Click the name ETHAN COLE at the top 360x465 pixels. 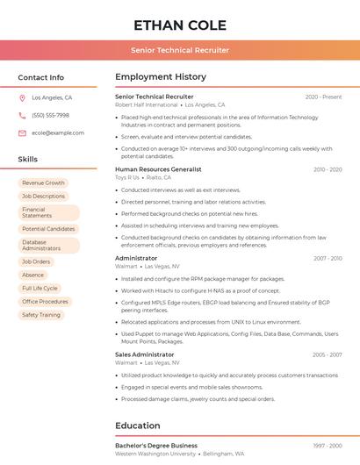[180, 25]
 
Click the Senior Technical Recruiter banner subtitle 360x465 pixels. [180, 50]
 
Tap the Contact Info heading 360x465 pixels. [40, 77]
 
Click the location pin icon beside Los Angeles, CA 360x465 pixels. [22, 98]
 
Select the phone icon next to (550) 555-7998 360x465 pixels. [22, 115]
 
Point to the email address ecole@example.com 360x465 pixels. [58, 132]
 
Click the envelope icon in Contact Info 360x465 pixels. [22, 132]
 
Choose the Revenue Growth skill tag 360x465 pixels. [43, 182]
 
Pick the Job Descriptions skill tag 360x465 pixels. [43, 196]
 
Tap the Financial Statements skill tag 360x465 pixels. [48, 212]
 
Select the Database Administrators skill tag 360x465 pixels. [48, 245]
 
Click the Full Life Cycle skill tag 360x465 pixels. [40, 288]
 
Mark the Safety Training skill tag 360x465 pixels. [41, 314]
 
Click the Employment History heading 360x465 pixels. [161, 77]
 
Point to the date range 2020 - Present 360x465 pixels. [323, 97]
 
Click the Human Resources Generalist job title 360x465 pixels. [158, 168]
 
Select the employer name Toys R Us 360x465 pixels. [127, 176]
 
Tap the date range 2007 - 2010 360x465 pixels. [327, 258]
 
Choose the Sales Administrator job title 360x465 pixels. [144, 354]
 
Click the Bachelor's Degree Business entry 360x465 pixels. [156, 446]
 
